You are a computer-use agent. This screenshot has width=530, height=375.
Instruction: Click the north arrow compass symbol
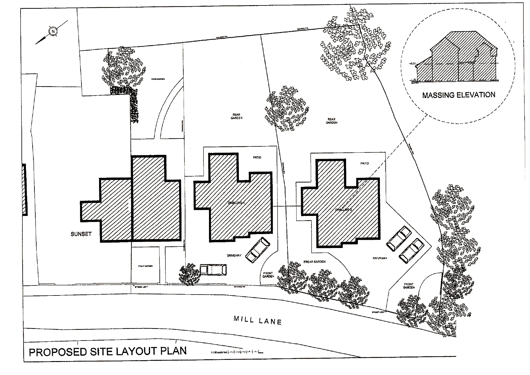pos(53,31)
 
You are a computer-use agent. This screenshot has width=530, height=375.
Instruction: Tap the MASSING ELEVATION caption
pos(458,95)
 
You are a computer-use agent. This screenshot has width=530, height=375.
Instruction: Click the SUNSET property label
pos(81,234)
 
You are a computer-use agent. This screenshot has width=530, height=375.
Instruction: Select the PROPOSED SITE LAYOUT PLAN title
pos(108,351)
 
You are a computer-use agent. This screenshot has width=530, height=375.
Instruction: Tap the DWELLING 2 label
pos(343,210)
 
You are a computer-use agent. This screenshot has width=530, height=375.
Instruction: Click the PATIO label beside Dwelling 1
pos(257,158)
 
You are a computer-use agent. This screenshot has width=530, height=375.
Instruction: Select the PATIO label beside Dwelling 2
pos(365,163)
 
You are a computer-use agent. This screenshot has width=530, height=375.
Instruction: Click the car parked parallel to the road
pos(213,269)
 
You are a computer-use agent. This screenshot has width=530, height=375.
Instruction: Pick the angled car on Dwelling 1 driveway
pos(258,249)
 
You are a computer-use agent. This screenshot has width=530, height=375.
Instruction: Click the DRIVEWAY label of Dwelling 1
pos(234,256)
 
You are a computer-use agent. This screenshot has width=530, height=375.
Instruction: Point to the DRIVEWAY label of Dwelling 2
pos(380,258)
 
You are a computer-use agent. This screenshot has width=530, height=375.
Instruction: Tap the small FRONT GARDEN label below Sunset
pos(145,266)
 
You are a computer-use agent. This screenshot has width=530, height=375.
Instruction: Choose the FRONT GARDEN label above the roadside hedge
pos(314,262)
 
